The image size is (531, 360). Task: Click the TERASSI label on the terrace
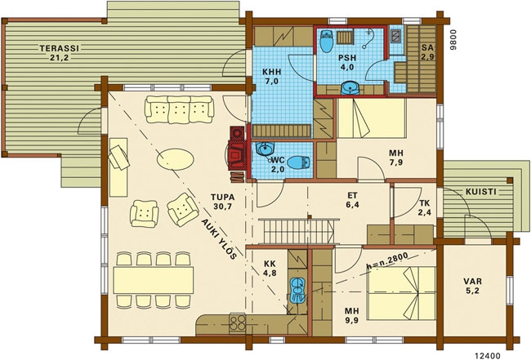[x=60, y=48]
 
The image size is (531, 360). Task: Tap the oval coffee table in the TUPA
[x=176, y=159]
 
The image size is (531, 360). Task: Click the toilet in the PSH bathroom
[x=327, y=41]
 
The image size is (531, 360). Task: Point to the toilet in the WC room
[x=299, y=162]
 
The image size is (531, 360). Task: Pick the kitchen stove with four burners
[x=238, y=322]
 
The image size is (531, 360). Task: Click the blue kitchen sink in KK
[x=297, y=289]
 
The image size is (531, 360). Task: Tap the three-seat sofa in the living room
[x=180, y=109]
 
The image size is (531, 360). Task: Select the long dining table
[x=154, y=280]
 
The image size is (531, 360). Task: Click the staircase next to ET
[x=298, y=231]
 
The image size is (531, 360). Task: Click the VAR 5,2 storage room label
[x=473, y=286]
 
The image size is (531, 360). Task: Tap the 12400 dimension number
[x=488, y=356]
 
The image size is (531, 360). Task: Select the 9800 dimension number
[x=453, y=40]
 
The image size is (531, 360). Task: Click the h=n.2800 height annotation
[x=387, y=261]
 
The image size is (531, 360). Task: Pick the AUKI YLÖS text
[x=219, y=239]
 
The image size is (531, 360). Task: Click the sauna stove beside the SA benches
[x=396, y=36]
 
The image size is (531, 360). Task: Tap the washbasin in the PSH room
[x=350, y=88]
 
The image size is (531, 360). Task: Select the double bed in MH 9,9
[x=401, y=293]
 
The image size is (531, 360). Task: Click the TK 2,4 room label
[x=424, y=207]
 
